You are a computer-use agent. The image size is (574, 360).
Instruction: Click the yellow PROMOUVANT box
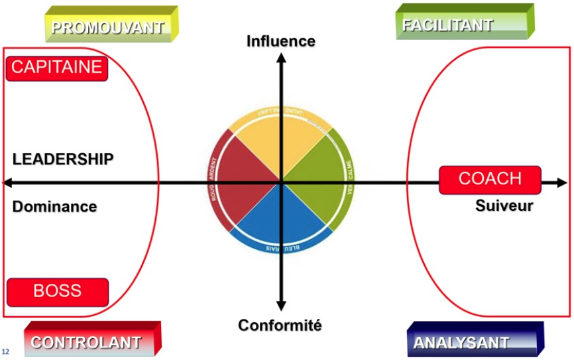click(107, 27)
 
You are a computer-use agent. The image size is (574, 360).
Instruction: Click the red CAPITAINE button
click(56, 67)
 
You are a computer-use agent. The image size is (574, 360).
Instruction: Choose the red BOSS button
click(58, 290)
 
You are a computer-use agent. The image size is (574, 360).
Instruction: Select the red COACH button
click(490, 179)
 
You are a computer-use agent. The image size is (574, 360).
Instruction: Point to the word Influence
click(281, 41)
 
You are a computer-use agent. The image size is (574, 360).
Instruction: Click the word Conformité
click(280, 326)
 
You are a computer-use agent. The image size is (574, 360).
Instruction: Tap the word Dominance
click(54, 207)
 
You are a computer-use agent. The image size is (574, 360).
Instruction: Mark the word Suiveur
click(504, 206)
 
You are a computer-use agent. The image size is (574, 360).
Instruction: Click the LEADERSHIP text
click(63, 159)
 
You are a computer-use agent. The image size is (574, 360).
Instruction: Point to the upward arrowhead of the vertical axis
click(281, 58)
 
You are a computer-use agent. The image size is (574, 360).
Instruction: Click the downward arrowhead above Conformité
click(281, 306)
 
